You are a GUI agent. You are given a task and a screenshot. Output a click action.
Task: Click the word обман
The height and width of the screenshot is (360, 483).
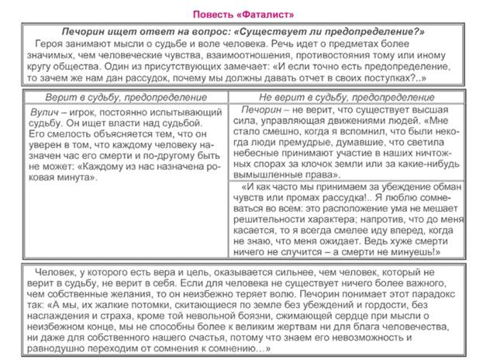click(x=446, y=188)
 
